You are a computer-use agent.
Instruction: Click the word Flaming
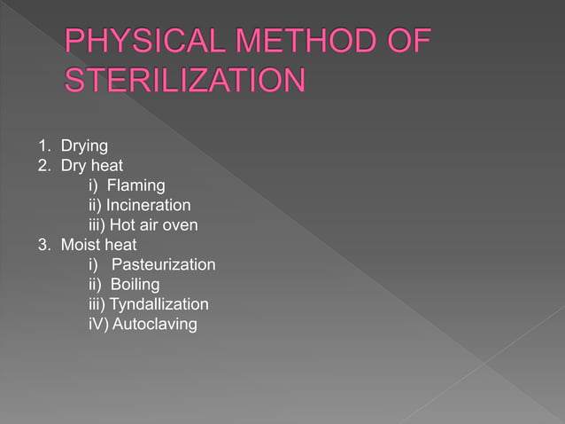[135, 185]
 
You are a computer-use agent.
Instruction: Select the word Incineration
[149, 206]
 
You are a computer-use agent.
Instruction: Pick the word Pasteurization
[164, 264]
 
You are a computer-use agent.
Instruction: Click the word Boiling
[135, 285]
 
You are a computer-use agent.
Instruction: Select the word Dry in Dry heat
[74, 166]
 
